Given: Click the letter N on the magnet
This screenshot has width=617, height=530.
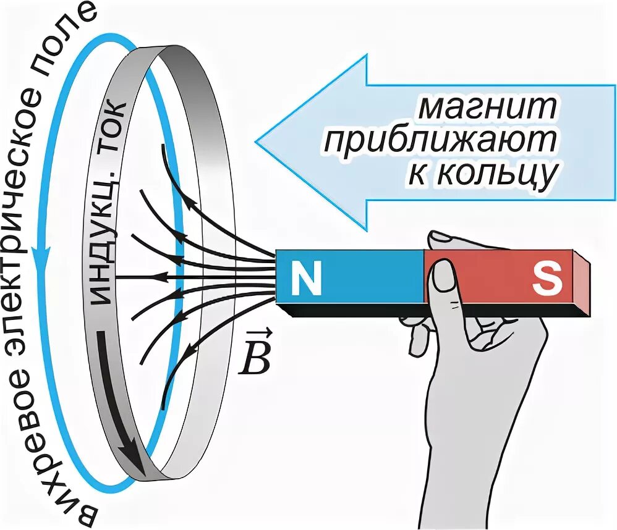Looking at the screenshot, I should pos(307,280).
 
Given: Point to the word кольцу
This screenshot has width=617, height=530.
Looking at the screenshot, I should pos(478,174).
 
